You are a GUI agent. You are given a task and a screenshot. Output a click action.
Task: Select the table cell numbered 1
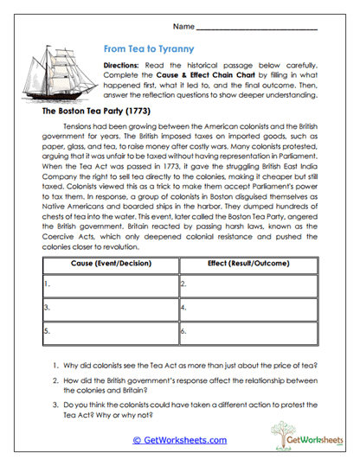(108, 282)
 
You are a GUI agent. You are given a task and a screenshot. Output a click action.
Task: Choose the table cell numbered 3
(108, 305)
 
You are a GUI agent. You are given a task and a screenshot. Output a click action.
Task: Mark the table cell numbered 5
(108, 329)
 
